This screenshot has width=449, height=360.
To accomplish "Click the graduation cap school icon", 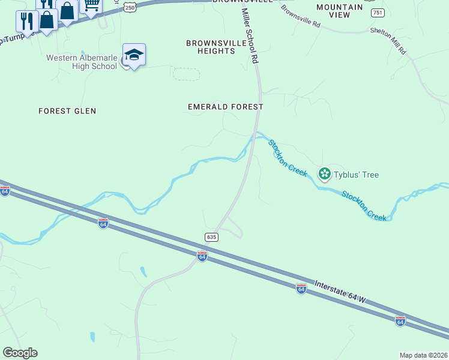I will pyautogui.click(x=134, y=55).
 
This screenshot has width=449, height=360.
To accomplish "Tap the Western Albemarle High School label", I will pyautogui.click(x=82, y=62).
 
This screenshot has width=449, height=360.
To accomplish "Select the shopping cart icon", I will pyautogui.click(x=91, y=5).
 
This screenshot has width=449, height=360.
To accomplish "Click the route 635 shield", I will pyautogui.click(x=211, y=237).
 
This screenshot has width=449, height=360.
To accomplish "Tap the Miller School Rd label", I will pyautogui.click(x=250, y=36).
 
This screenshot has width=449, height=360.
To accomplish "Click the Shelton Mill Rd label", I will pyautogui.click(x=388, y=40).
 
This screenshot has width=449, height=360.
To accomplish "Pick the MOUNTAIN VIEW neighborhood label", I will pyautogui.click(x=340, y=11).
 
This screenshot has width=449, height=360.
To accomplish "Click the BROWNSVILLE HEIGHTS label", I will pyautogui.click(x=211, y=47).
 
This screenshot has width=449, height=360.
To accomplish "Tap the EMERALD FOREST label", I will pyautogui.click(x=225, y=107).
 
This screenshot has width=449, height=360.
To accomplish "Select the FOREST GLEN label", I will pyautogui.click(x=67, y=111).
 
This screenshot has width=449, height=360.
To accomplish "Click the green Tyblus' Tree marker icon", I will pyautogui.click(x=325, y=174).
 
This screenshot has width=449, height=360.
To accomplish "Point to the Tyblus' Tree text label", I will pyautogui.click(x=357, y=175).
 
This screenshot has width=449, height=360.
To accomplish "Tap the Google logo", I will pyautogui.click(x=20, y=353).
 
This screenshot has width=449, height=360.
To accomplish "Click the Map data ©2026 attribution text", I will pyautogui.click(x=423, y=355).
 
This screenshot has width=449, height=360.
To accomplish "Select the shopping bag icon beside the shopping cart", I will pyautogui.click(x=67, y=11).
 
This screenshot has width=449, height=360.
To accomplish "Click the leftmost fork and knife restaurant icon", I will pyautogui.click(x=26, y=21).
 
